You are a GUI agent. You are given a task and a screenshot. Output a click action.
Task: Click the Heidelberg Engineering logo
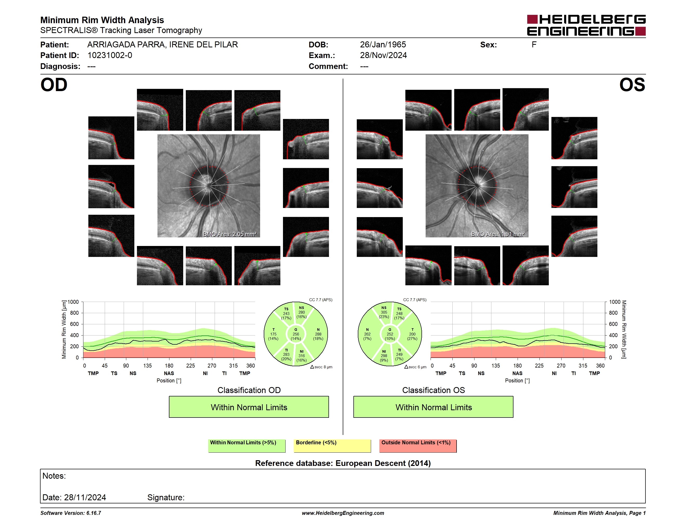coord(586,25)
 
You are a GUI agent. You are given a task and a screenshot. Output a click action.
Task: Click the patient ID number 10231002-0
coord(110,55)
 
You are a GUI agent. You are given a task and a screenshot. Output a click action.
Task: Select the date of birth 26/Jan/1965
coord(383,45)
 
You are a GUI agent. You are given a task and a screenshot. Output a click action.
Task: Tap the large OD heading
coord(54,85)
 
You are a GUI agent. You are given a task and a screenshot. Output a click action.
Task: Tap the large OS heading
coord(632,85)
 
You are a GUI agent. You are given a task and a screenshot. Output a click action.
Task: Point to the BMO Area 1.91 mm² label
coord(498,234)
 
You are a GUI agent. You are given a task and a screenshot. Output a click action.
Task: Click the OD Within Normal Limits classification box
coord(249,407)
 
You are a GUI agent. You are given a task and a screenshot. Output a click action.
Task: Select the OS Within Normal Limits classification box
coord(433,407)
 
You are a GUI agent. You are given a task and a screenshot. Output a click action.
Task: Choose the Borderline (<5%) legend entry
coord(332,446)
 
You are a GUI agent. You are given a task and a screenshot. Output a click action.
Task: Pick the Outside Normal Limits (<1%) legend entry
coord(418,446)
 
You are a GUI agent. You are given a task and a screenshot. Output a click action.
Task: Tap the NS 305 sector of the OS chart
coord(384,312)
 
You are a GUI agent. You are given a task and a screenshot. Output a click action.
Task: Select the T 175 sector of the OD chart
coord(273,334)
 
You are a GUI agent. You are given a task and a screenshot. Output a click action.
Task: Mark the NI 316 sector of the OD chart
coord(301,356)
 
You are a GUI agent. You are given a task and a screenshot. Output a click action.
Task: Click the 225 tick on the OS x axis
coord(539,365)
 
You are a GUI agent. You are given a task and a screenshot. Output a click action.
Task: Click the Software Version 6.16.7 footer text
coord(71,513)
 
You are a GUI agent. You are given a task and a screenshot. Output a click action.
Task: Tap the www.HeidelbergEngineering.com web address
coord(343,513)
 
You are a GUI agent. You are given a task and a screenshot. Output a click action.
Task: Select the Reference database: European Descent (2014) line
coord(343,463)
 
